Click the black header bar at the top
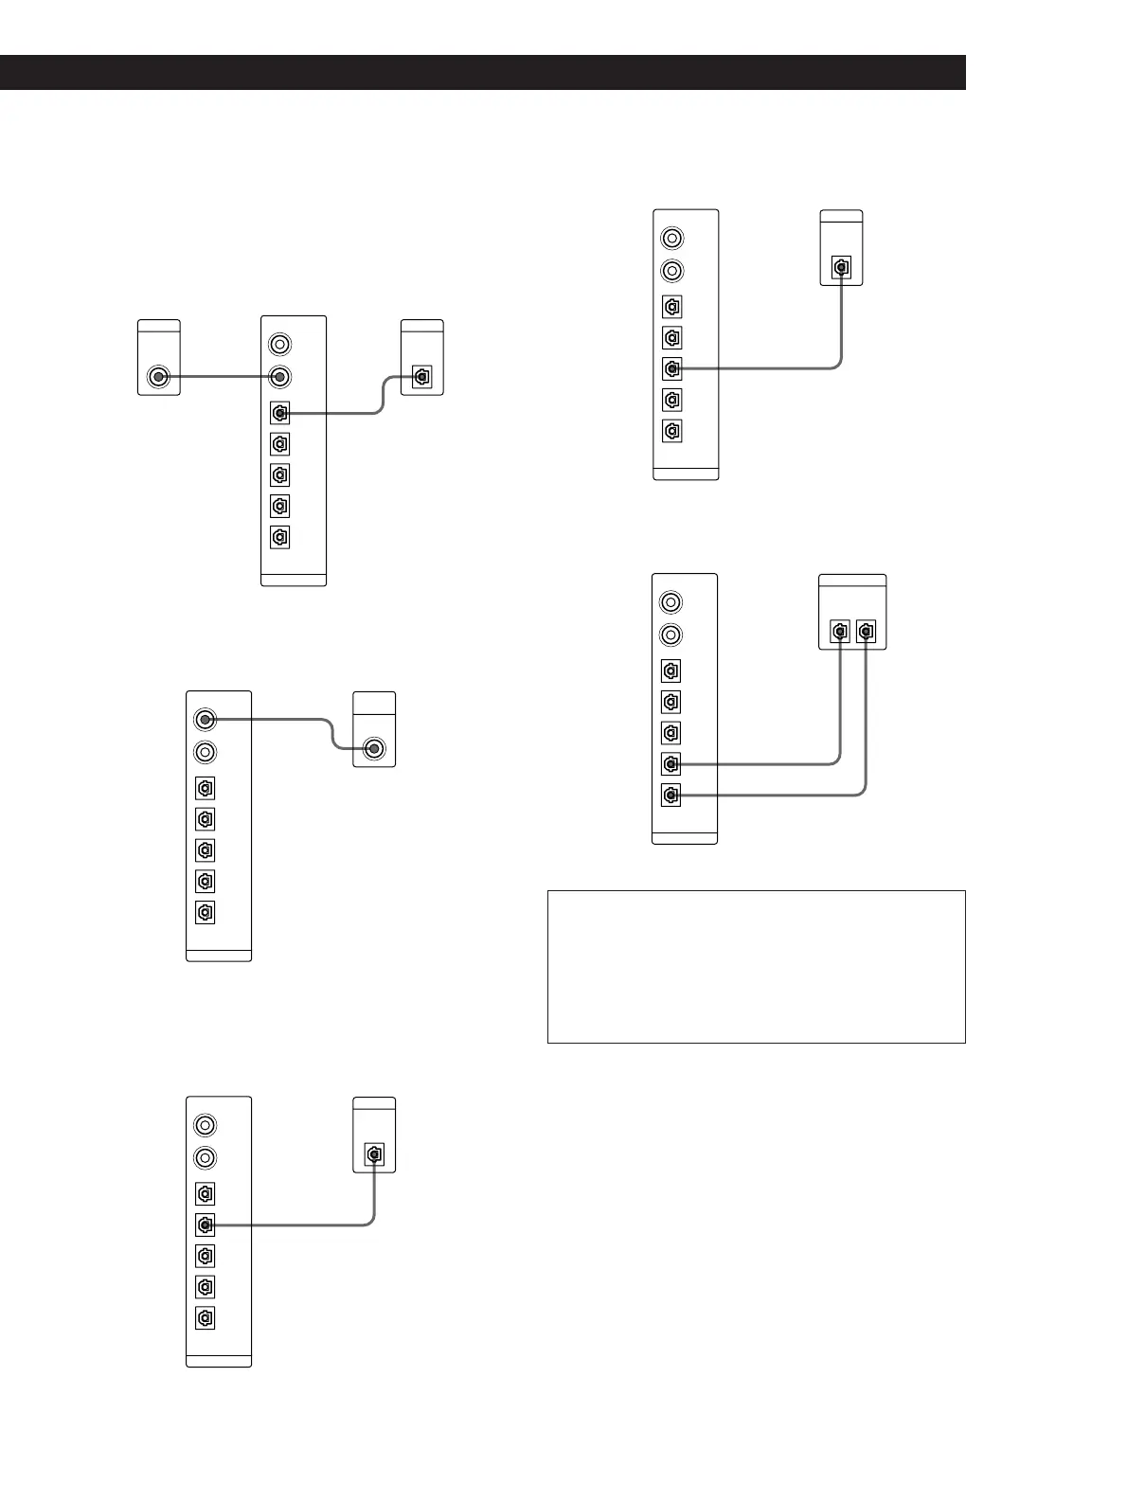(482, 72)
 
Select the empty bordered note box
(756, 966)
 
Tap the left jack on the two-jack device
(840, 631)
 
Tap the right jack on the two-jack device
(866, 631)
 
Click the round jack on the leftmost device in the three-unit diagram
(158, 378)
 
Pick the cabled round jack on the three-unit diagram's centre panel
(279, 378)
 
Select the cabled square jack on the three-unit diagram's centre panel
(279, 413)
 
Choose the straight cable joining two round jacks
(219, 378)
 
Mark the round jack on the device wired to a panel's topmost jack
(375, 750)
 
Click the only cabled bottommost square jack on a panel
(671, 795)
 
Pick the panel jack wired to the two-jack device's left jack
(671, 763)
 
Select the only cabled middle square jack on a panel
(671, 368)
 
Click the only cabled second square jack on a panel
(205, 1225)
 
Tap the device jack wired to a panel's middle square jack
(841, 268)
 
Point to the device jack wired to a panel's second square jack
(375, 1155)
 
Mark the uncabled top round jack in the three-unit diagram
(279, 344)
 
